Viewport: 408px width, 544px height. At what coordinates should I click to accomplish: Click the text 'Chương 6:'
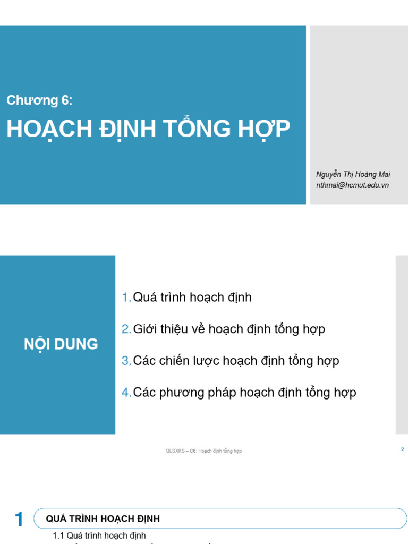(39, 100)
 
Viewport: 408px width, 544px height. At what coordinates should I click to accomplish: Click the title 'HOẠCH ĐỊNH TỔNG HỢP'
(148, 130)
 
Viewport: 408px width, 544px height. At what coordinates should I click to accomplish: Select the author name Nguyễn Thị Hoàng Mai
(353, 175)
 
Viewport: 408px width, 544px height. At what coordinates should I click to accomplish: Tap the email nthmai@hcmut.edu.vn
(352, 185)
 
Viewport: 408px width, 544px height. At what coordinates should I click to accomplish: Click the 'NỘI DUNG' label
(61, 344)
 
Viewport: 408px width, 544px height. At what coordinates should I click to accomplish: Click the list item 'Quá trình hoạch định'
(192, 297)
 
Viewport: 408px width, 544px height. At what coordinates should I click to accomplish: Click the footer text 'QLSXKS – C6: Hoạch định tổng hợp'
(204, 451)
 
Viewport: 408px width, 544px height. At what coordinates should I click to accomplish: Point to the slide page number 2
(403, 449)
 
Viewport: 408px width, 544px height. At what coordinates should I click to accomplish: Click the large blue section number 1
(19, 520)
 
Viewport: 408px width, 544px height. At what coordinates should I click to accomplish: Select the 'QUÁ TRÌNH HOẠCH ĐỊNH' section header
(103, 519)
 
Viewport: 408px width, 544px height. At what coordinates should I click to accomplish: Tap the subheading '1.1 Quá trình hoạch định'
(99, 535)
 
